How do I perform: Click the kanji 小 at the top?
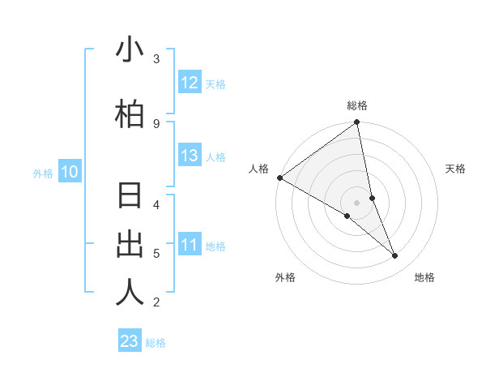click(130, 51)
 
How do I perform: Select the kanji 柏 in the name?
click(130, 115)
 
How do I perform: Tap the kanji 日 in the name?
click(130, 197)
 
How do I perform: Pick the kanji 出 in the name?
click(130, 245)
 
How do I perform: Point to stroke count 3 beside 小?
click(156, 59)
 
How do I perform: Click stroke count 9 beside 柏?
click(156, 123)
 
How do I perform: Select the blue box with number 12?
click(190, 83)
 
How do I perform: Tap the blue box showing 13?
click(190, 156)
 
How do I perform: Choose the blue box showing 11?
click(190, 245)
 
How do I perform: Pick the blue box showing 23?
click(130, 341)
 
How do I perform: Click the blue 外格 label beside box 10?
click(42, 173)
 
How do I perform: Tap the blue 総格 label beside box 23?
click(156, 343)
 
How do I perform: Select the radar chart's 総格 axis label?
click(357, 105)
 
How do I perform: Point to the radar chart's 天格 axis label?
click(455, 169)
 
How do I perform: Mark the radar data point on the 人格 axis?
click(279, 178)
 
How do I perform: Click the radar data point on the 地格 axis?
click(395, 256)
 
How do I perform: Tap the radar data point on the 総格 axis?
click(357, 123)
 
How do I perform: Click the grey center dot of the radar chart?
click(357, 203)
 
